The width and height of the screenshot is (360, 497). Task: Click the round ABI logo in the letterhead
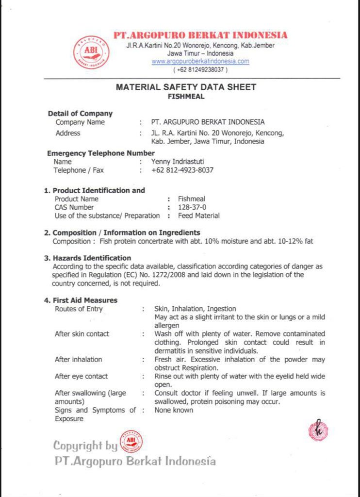91,52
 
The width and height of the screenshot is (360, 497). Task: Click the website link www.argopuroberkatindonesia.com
200,62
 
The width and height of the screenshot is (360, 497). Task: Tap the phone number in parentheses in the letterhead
200,70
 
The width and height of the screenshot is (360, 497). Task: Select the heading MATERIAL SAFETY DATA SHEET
186,87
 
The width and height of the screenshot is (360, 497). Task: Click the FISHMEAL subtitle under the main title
186,96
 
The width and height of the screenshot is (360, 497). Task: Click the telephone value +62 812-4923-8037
182,170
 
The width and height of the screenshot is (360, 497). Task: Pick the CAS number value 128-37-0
191,207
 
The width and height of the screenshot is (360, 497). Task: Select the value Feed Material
198,215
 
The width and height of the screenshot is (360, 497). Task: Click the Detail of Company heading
80,114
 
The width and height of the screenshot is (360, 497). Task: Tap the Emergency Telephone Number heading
100,153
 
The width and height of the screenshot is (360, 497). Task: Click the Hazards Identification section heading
92,258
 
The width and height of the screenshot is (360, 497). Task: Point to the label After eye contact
81,376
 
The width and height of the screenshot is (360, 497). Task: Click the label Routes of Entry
79,309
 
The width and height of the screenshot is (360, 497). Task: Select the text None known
174,410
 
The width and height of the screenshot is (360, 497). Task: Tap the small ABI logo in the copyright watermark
131,442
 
